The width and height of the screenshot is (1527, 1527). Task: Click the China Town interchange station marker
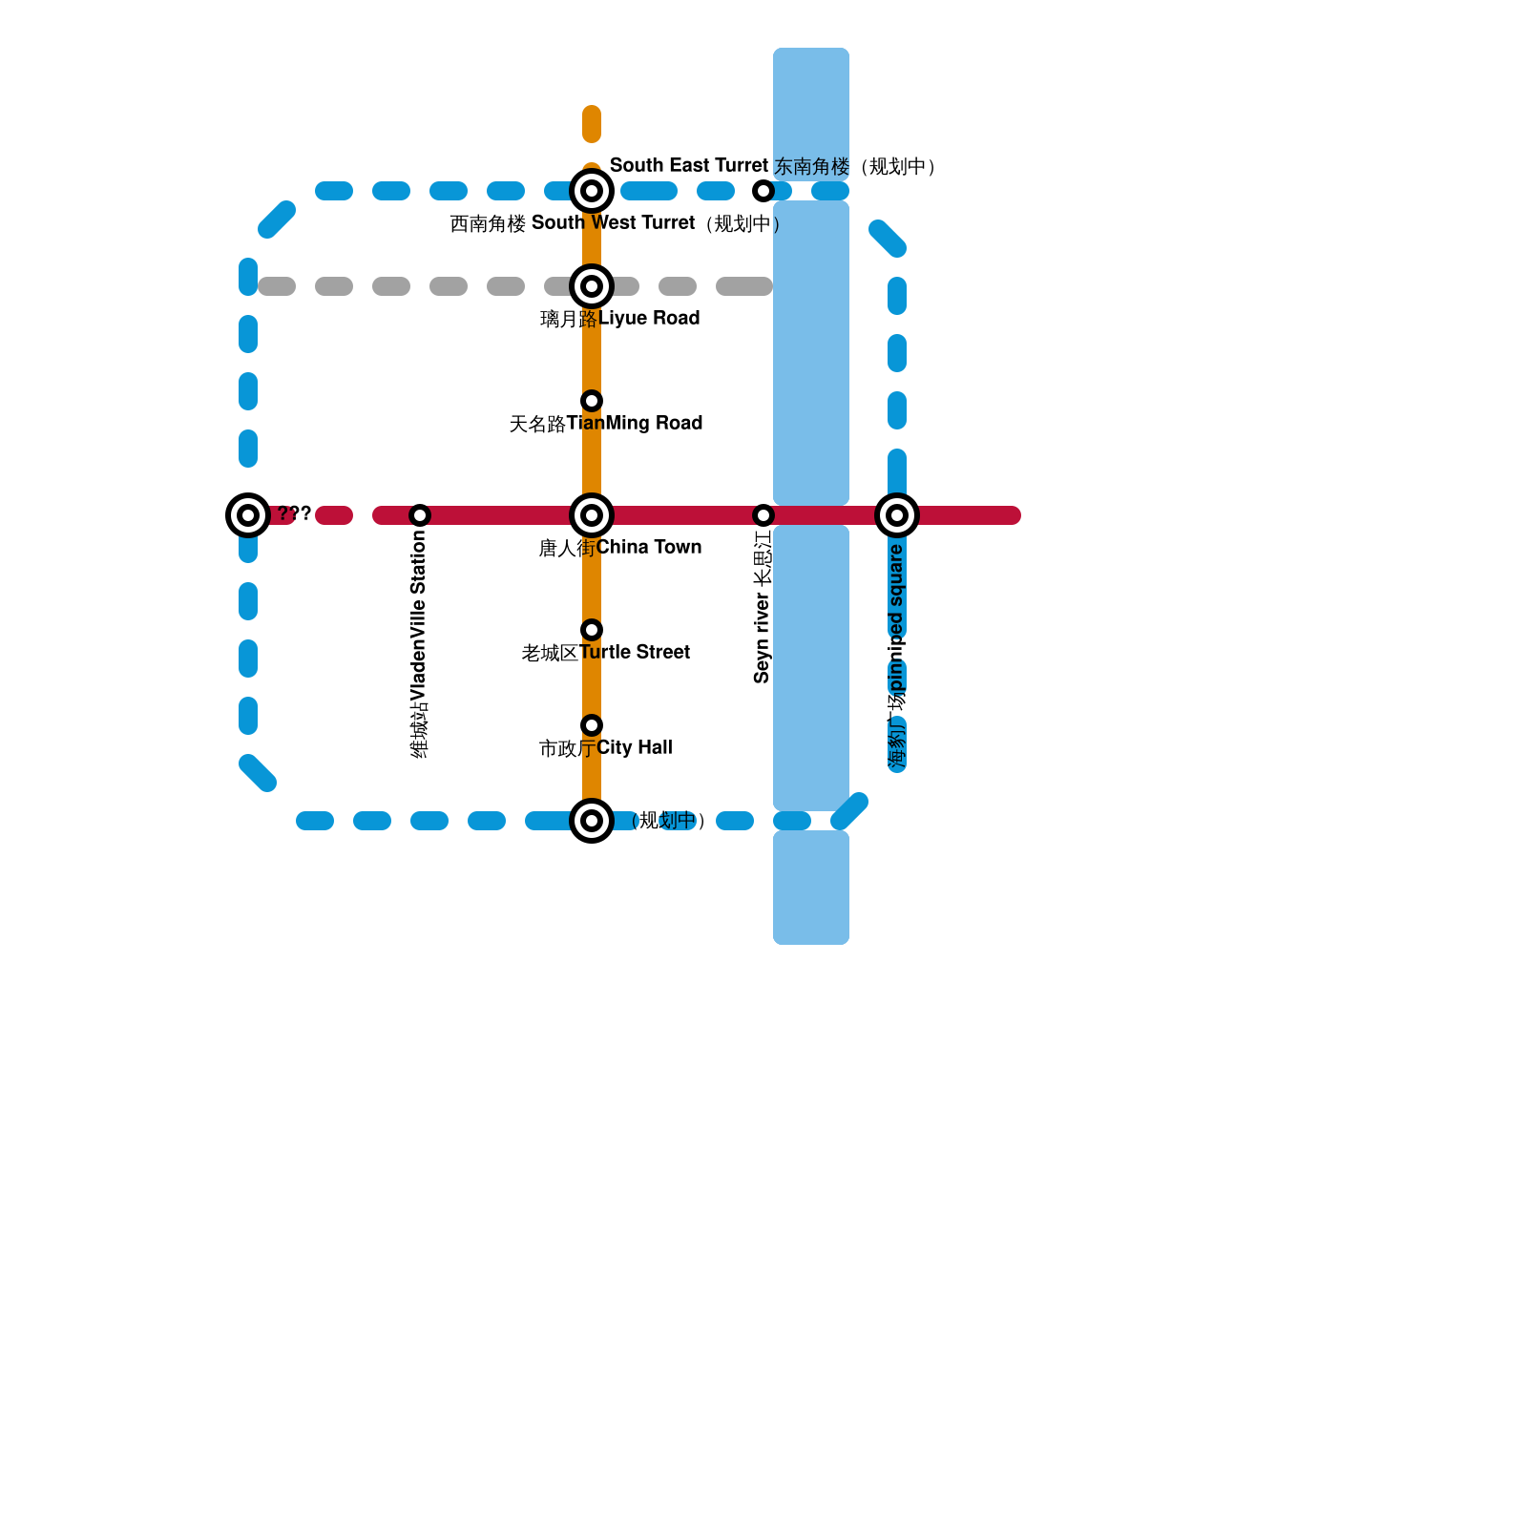pyautogui.click(x=592, y=515)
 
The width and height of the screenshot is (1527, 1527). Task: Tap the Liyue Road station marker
pyautogui.click(x=592, y=286)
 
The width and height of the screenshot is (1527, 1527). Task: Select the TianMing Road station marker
pyautogui.click(x=592, y=401)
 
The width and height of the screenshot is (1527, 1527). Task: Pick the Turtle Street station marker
pyautogui.click(x=592, y=630)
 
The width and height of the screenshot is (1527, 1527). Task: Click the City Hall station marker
pyautogui.click(x=592, y=725)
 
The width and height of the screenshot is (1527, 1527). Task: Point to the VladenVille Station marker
pyautogui.click(x=420, y=515)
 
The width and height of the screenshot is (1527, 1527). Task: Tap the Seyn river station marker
pyautogui.click(x=763, y=515)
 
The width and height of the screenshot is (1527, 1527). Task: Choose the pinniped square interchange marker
pyautogui.click(x=897, y=515)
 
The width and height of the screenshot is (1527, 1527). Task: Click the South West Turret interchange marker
pyautogui.click(x=592, y=191)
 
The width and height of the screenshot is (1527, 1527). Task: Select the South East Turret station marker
pyautogui.click(x=763, y=191)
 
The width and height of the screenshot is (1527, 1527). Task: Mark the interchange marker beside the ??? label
pyautogui.click(x=248, y=515)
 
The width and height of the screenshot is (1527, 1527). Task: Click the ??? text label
pyautogui.click(x=294, y=513)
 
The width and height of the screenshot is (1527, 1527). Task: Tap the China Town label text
pyautogui.click(x=620, y=548)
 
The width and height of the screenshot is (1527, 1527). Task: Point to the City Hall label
pyautogui.click(x=606, y=748)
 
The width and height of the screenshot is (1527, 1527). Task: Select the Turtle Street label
pyautogui.click(x=606, y=653)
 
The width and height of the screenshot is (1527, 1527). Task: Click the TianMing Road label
pyautogui.click(x=606, y=424)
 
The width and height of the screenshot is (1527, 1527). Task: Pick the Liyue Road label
pyautogui.click(x=620, y=319)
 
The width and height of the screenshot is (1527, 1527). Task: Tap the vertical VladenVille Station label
pyautogui.click(x=419, y=644)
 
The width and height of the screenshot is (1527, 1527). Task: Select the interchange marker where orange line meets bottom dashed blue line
pyautogui.click(x=592, y=821)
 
